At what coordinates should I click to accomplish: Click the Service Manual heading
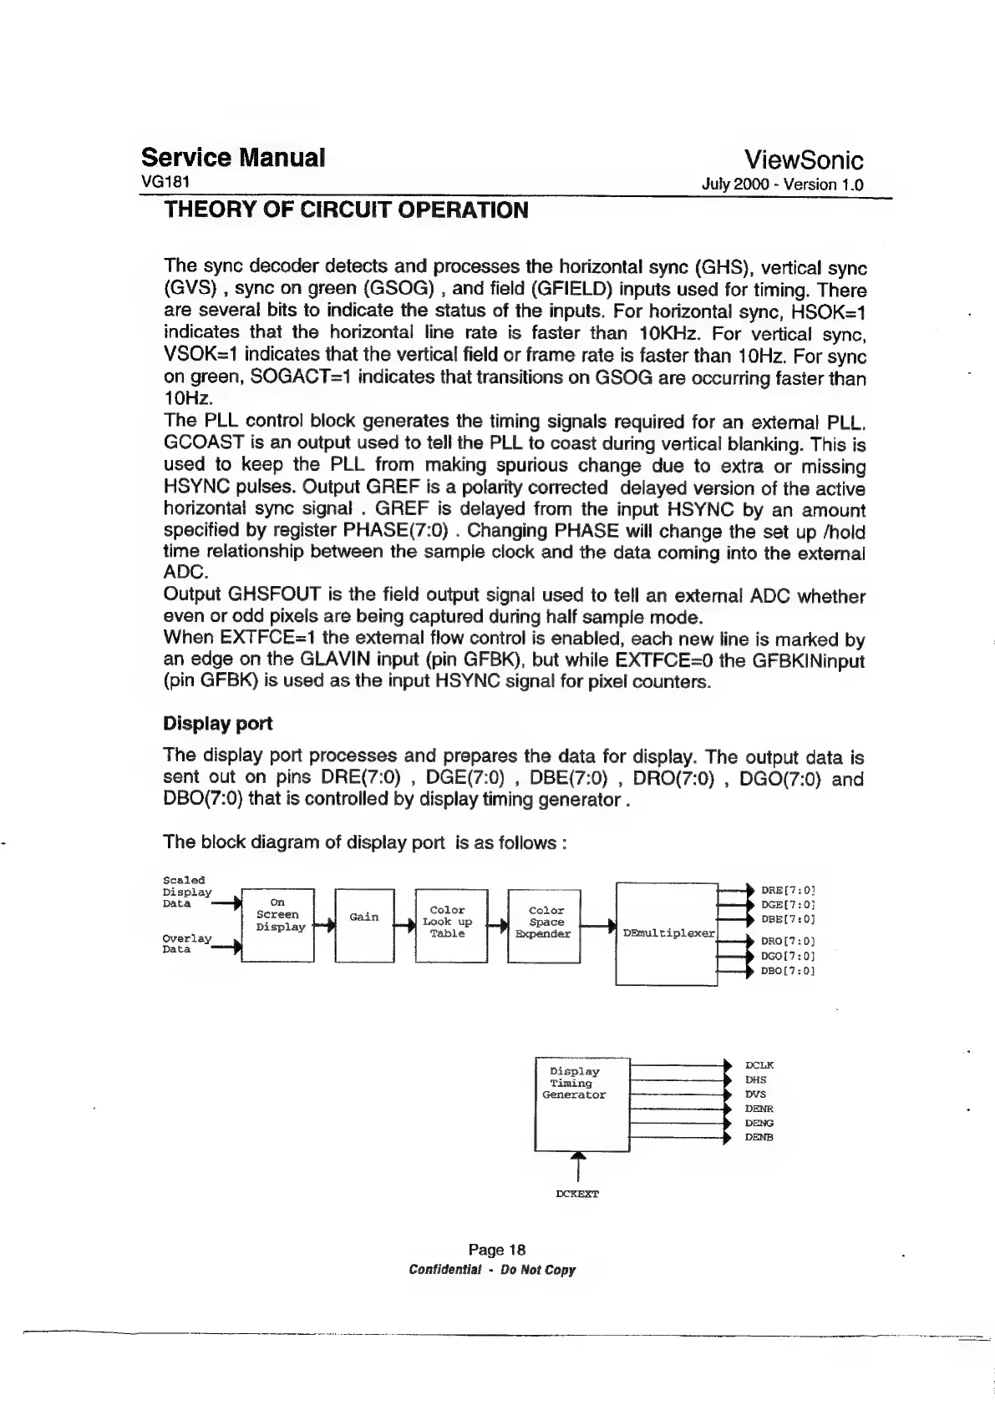(233, 158)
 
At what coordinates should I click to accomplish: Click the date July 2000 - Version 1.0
(784, 184)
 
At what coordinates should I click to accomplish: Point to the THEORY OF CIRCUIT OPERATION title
(346, 210)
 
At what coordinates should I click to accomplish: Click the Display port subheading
(217, 723)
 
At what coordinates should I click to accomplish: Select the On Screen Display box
(277, 925)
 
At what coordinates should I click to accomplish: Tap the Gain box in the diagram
(364, 925)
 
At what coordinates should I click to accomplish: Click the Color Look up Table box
(451, 925)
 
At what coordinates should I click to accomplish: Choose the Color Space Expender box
(544, 925)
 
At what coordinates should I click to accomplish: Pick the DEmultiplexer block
(667, 933)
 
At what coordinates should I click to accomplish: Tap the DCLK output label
(759, 1065)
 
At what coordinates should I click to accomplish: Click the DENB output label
(759, 1137)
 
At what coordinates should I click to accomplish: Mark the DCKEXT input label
(577, 1195)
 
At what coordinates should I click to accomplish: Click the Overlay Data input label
(187, 944)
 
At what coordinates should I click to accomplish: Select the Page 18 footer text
(497, 1250)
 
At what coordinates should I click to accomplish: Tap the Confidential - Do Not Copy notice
(492, 1271)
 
